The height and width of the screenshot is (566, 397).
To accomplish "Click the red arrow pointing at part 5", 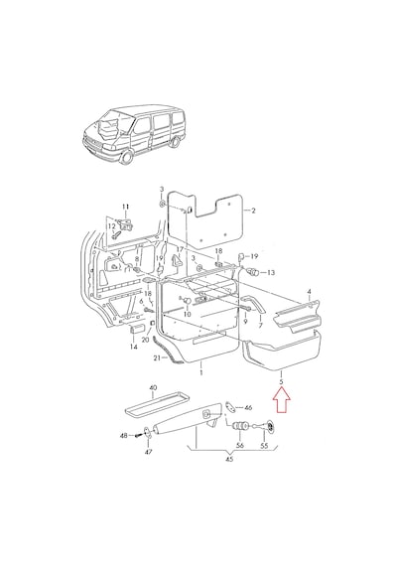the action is (281, 399).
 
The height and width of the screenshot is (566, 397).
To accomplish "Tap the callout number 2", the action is (253, 211).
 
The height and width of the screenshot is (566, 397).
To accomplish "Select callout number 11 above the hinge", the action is (125, 207).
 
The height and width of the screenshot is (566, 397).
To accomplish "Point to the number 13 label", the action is (270, 272).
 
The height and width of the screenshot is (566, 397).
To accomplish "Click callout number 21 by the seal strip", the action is (157, 357).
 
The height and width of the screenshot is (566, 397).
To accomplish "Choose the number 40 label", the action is (153, 387).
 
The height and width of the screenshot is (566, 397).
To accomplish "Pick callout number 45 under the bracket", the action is (229, 459).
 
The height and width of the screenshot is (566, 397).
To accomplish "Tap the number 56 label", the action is (240, 446).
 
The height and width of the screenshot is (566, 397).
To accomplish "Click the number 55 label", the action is (265, 446).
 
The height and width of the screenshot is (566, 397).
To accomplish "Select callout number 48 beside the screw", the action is (124, 436).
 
